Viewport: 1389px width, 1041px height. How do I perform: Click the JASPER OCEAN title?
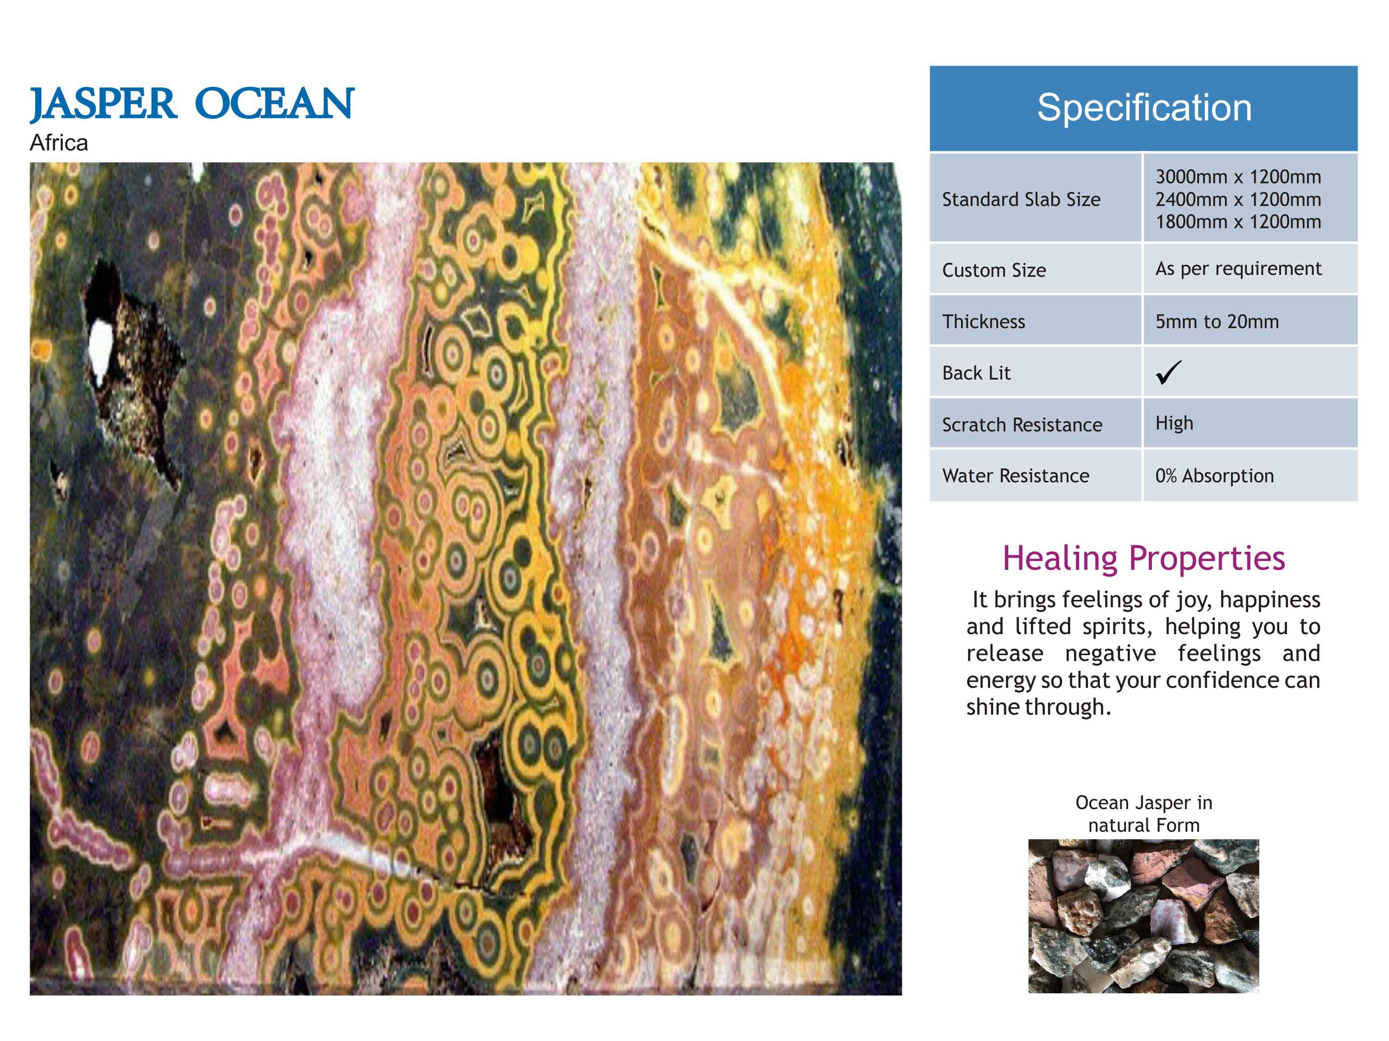(192, 105)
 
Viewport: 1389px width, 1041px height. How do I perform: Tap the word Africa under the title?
(58, 143)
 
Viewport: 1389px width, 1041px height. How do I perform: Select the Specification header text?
(1144, 107)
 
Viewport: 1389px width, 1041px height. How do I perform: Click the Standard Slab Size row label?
(1021, 199)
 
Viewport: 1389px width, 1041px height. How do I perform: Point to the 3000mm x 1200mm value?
(1238, 177)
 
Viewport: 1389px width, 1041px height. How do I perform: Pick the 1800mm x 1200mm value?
(1238, 222)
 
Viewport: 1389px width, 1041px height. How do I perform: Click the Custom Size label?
(994, 270)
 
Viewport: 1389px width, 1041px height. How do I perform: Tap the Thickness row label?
(983, 321)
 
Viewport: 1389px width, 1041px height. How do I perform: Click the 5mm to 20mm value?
(1217, 321)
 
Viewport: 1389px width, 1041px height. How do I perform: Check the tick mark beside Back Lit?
(1169, 372)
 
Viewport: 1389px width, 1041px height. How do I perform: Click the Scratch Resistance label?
(1022, 425)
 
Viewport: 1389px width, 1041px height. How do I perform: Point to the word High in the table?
(1174, 424)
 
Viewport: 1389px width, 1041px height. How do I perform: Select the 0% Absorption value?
(1214, 476)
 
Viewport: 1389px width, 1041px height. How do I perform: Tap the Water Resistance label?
(1015, 476)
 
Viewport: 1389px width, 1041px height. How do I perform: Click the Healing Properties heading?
(1144, 559)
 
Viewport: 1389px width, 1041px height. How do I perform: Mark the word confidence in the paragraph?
(1237, 680)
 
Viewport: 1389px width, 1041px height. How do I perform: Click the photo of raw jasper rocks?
(1144, 916)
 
